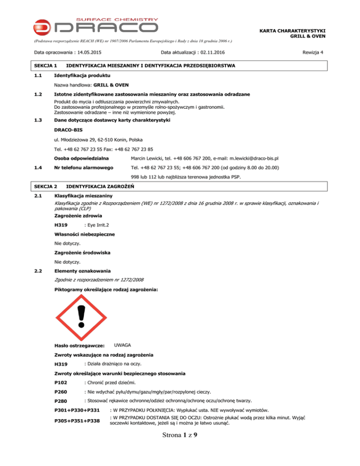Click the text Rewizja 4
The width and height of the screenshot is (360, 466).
click(313, 51)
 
